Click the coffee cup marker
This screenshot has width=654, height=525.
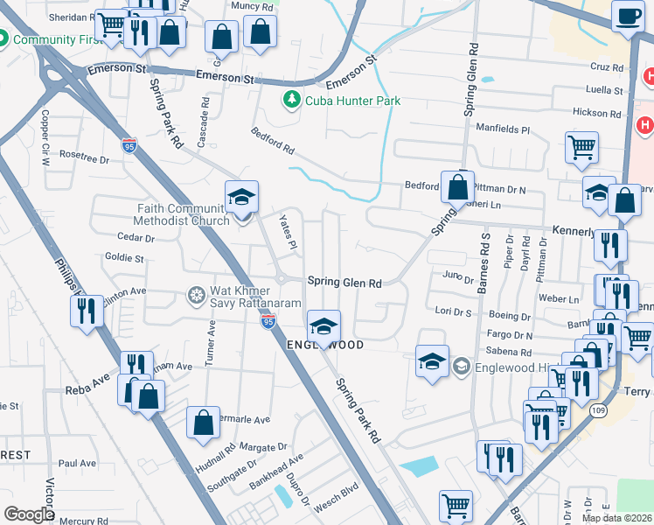[x=627, y=16]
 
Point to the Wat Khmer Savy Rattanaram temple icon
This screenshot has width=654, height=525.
[x=196, y=291]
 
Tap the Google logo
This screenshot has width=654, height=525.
[x=29, y=514]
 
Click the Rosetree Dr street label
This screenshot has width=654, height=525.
[x=84, y=159]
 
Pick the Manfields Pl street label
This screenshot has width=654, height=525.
[x=503, y=129]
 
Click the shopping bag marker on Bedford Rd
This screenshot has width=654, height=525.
[x=457, y=185]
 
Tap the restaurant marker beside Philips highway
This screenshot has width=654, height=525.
[x=86, y=311]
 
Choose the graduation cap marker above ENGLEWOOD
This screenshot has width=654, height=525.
[x=324, y=325]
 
